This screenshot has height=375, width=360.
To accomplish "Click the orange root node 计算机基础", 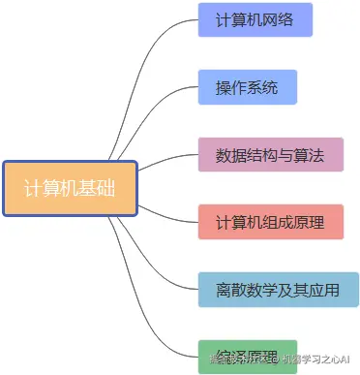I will (70, 188).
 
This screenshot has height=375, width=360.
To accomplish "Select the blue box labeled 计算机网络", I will (256, 20).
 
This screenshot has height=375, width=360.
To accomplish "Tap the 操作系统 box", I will (247, 87).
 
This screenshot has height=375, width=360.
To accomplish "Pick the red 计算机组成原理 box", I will (271, 222).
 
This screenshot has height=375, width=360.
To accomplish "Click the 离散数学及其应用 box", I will (278, 289).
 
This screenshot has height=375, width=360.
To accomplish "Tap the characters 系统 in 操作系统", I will (262, 87).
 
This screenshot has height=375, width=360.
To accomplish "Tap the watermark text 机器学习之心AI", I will (313, 359).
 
